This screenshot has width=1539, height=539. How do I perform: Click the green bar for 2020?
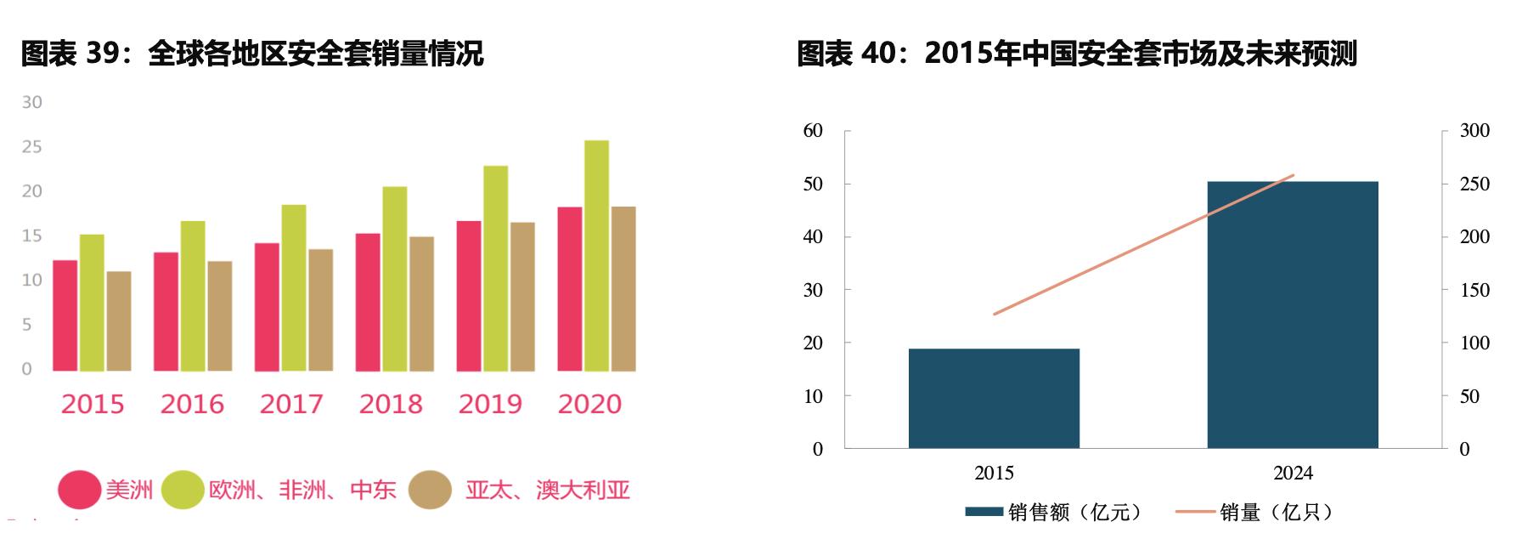tap(596, 255)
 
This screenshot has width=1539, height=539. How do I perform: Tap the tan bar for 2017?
tap(320, 309)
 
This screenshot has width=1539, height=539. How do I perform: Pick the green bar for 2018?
tap(394, 278)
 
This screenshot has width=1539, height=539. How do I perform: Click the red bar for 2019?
tap(468, 295)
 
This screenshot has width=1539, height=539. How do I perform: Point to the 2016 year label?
tap(192, 404)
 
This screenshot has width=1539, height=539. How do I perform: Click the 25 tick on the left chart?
tap(31, 147)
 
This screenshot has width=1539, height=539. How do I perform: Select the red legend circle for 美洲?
tap(79, 491)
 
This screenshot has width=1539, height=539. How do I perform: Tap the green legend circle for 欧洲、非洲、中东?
tap(182, 491)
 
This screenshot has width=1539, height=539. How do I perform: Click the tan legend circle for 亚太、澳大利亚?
tap(430, 491)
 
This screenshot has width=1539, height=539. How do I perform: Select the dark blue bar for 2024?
tap(1292, 315)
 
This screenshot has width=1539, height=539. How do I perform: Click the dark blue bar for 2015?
tap(994, 398)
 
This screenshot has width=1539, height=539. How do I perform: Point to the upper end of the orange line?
tap(1293, 175)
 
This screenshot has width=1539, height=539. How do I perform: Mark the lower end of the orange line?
tap(994, 315)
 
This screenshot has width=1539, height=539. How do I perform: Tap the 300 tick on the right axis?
tap(1474, 131)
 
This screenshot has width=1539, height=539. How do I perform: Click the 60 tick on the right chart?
tap(813, 131)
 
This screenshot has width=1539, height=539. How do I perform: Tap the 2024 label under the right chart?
tap(1293, 474)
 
